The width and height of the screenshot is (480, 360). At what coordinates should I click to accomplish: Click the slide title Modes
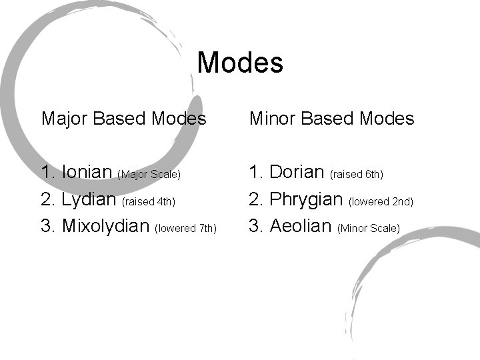(x=240, y=63)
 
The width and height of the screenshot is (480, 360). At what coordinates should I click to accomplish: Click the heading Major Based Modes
(x=124, y=119)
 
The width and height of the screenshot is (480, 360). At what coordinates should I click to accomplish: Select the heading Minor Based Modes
(x=331, y=119)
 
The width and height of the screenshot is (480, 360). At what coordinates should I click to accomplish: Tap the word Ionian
(x=86, y=172)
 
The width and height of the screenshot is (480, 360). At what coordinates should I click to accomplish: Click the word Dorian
(x=297, y=172)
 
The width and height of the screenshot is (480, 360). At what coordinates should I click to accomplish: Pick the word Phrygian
(x=305, y=199)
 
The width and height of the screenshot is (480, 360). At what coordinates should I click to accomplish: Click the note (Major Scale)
(x=149, y=175)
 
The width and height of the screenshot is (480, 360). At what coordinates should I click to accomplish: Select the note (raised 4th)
(x=149, y=201)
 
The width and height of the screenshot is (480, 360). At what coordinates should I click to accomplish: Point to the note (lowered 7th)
(x=186, y=229)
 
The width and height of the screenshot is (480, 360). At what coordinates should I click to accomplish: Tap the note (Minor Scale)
(x=369, y=229)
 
